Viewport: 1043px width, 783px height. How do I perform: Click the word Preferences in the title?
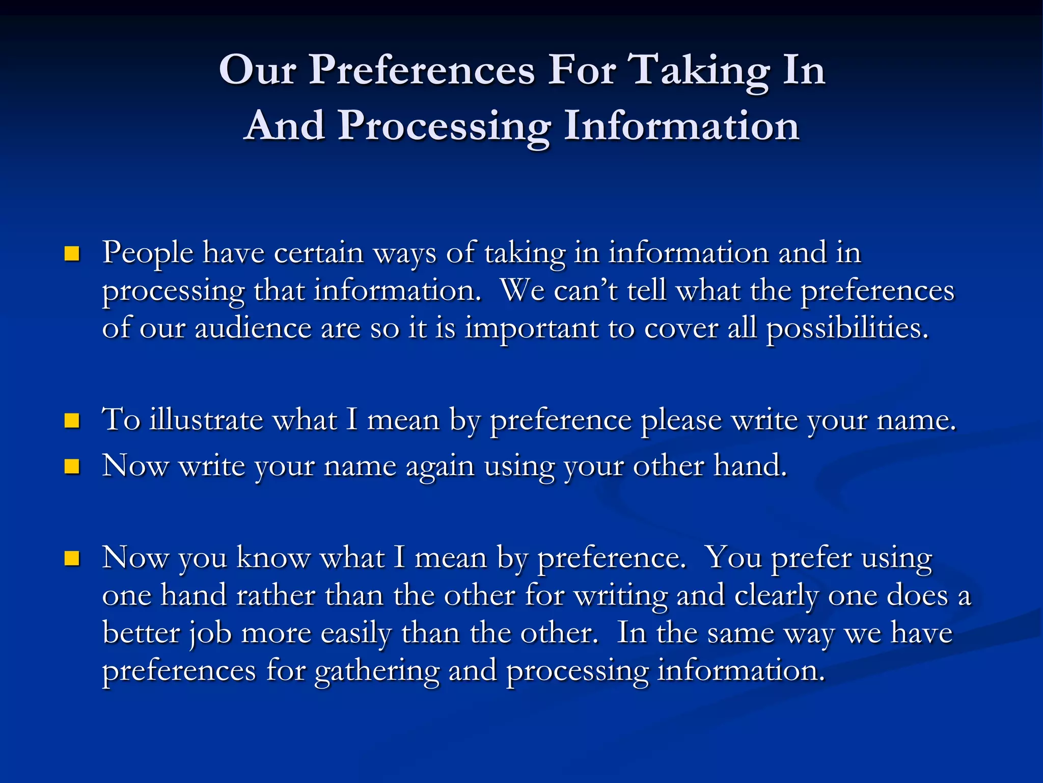tap(422, 70)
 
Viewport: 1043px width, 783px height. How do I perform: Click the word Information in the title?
tap(681, 126)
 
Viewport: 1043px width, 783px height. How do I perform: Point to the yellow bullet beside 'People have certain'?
tap(72, 254)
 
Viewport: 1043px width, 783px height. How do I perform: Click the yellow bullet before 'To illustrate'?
tap(72, 421)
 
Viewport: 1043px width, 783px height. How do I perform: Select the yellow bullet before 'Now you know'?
tap(72, 559)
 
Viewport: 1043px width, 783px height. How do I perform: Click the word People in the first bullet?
tap(148, 253)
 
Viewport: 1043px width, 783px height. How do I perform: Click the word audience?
tap(253, 328)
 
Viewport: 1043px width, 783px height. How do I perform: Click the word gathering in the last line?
tap(377, 671)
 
